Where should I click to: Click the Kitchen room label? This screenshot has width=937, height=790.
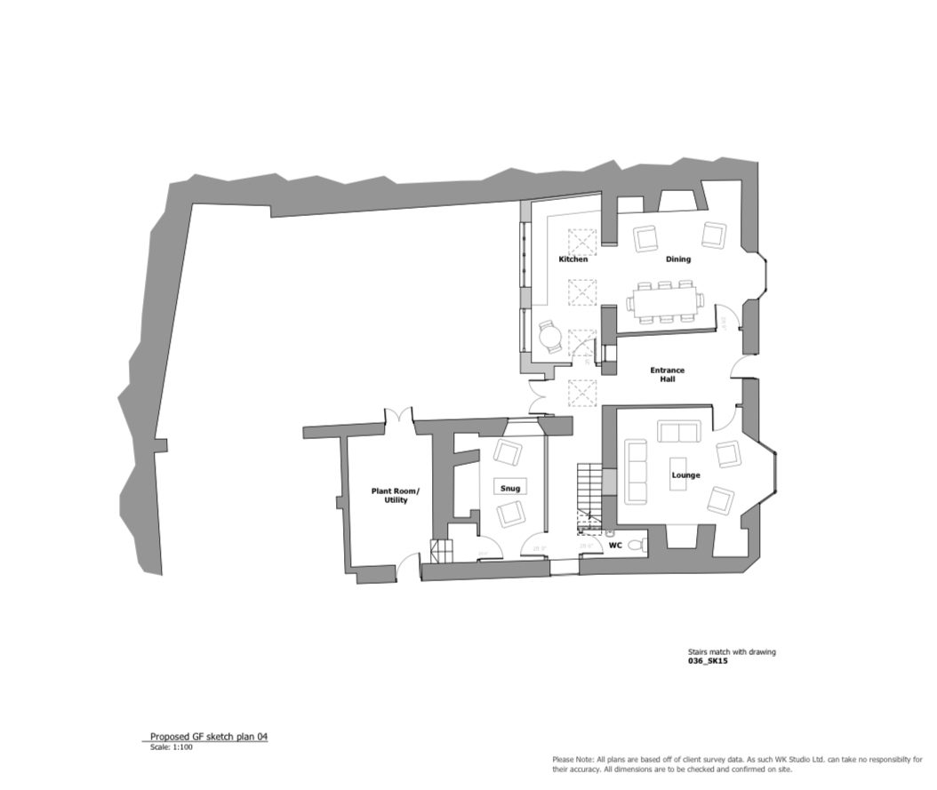573,259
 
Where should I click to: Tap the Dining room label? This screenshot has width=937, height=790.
678,259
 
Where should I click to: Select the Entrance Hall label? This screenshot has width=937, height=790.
667,374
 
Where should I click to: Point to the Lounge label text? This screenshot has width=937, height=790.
685,475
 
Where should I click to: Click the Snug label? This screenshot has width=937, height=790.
509,488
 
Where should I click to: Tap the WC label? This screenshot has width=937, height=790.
614,544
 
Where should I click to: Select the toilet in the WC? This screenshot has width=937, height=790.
635,545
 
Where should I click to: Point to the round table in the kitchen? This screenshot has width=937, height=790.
551,336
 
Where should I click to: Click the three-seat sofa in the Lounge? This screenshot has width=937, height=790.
636,469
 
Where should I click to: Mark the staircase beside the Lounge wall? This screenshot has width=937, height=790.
589,486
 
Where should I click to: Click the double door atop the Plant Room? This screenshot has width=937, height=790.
398,416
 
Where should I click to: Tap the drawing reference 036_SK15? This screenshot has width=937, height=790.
708,661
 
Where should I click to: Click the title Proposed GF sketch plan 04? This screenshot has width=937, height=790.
208,737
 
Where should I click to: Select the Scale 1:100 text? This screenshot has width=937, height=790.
172,746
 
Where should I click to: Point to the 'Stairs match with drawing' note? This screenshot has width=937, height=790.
732,652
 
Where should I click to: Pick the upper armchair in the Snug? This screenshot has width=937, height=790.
509,452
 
